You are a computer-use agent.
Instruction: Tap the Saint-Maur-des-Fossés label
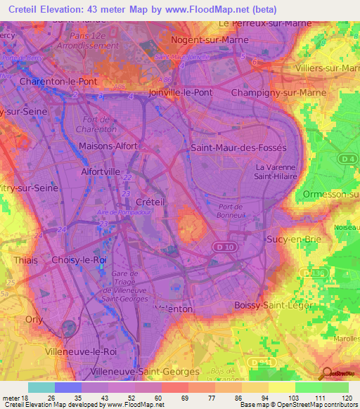tap(239, 148)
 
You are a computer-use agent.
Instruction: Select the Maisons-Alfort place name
tap(108, 146)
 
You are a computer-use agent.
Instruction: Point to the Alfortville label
tap(102, 171)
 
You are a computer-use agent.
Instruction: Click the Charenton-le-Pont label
tap(59, 82)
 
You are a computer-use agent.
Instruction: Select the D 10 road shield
tap(221, 247)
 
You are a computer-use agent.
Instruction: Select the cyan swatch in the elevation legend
tap(41, 387)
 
